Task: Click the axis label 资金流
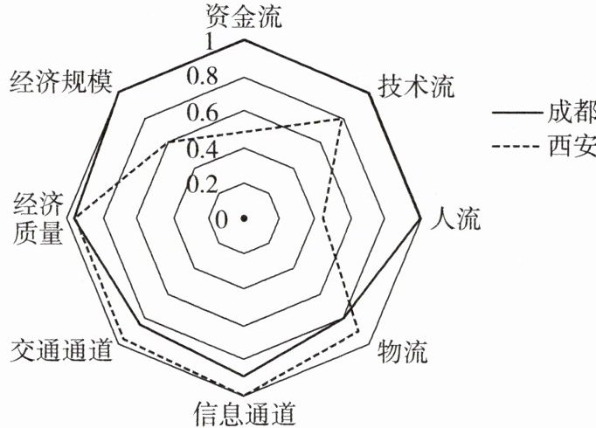[244, 15]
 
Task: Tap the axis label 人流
[456, 218]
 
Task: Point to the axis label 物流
[403, 352]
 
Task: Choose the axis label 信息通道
[244, 412]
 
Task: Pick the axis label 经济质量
[38, 218]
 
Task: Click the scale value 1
[208, 42]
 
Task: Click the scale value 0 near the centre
[221, 218]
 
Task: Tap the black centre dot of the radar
[244, 217]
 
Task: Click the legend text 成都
[572, 113]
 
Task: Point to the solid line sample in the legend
[516, 113]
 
